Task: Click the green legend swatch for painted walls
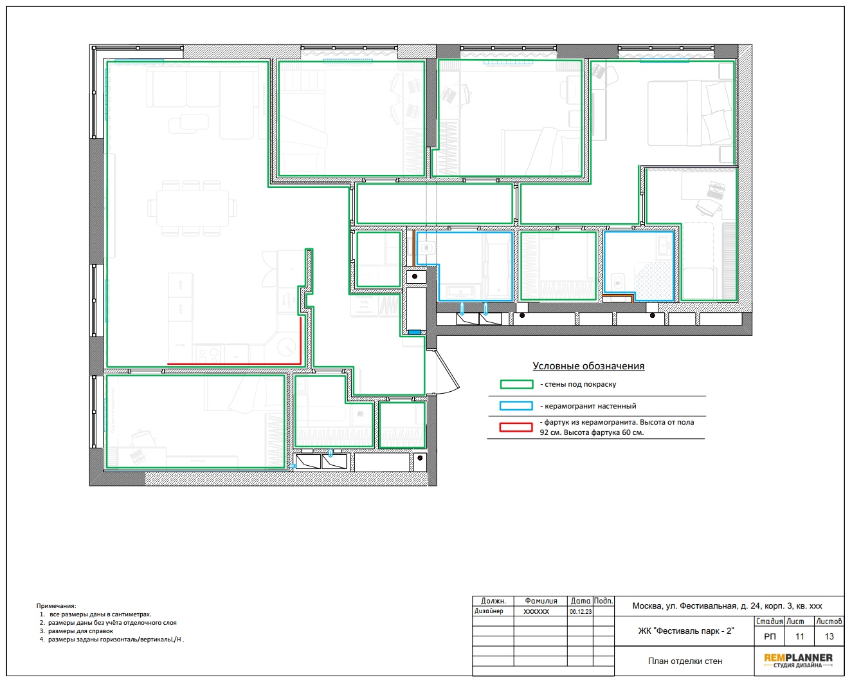pyautogui.click(x=516, y=384)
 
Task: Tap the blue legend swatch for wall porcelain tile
pyautogui.click(x=516, y=406)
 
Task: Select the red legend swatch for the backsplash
pyautogui.click(x=516, y=427)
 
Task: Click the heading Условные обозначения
pyautogui.click(x=588, y=365)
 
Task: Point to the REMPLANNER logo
pyautogui.click(x=798, y=660)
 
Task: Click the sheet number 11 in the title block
pyautogui.click(x=799, y=636)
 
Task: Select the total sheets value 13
pyautogui.click(x=829, y=636)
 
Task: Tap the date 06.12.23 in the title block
pyautogui.click(x=581, y=611)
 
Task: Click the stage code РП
pyautogui.click(x=770, y=636)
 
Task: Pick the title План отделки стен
pyautogui.click(x=685, y=661)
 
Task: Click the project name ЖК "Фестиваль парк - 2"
pyautogui.click(x=686, y=631)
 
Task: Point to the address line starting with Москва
pyautogui.click(x=727, y=606)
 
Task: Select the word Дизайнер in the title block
pyautogui.click(x=489, y=611)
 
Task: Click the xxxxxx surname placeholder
pyautogui.click(x=536, y=611)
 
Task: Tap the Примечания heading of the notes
pyautogui.click(x=56, y=605)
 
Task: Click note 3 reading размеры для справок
pyautogui.click(x=80, y=631)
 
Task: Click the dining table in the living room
pyautogui.click(x=192, y=208)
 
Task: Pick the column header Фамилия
pyautogui.click(x=541, y=601)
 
